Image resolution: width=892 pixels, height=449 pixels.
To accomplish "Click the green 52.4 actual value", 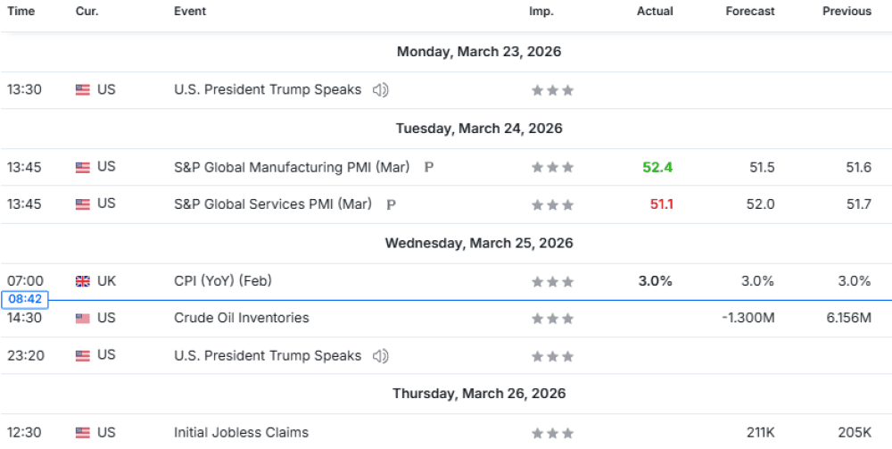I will coord(657,167).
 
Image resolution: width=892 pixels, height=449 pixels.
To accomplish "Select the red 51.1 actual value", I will coord(661,204).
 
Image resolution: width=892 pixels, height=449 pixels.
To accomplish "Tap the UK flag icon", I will coord(83,281).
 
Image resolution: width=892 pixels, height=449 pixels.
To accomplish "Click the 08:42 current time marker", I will coord(24,300).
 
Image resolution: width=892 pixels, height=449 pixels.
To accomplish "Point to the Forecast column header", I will coord(750,12).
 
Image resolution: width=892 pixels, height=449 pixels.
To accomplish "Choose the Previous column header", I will coord(847,12).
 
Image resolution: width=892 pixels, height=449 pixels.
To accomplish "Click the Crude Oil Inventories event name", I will coord(242,318).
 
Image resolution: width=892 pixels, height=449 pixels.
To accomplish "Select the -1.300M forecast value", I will coord(747,318).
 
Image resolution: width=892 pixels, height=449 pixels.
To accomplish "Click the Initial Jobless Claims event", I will coord(241,432).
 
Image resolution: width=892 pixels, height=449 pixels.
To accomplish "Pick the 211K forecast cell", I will coord(760,432).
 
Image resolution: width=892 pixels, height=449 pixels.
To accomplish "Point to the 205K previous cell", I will coord(855,432).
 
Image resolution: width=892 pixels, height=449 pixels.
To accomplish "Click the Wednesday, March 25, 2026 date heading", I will coord(479,243).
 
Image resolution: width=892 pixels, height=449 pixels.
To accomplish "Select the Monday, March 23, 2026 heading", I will coord(479,52).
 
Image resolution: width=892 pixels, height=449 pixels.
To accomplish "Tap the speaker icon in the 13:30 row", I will coord(381,89).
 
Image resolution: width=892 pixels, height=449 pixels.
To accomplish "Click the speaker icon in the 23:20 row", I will coord(381,355).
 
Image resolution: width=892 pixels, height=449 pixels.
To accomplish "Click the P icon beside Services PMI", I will coord(391,204).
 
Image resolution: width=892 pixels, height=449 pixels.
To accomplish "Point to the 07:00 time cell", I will coord(24,281).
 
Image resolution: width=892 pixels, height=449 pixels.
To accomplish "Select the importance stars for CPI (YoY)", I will coord(552,281).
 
